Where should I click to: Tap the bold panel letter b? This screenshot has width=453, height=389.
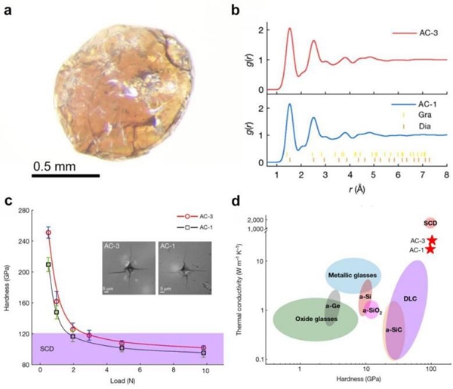[236, 9]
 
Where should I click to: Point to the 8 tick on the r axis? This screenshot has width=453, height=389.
[447, 174]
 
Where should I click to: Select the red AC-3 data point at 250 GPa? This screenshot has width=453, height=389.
[48, 233]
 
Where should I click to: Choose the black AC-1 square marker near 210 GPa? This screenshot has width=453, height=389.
[48, 265]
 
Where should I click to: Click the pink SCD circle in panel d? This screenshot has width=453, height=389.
[430, 223]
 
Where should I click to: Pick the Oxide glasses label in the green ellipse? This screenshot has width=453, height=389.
[315, 319]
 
